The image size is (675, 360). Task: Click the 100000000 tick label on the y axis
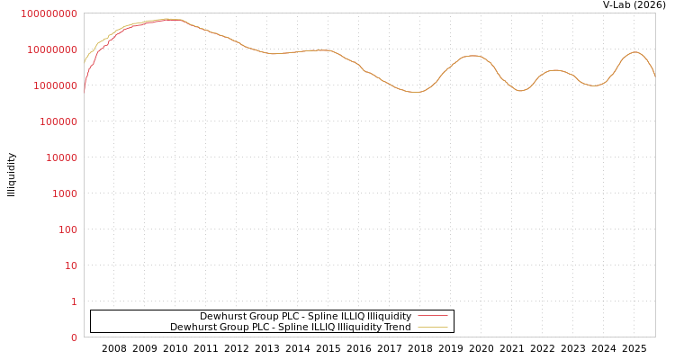[x=49, y=13]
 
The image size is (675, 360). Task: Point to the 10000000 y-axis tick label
[x=52, y=49]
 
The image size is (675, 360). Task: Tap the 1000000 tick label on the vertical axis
[x=55, y=85]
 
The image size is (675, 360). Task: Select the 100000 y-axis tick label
[x=58, y=121]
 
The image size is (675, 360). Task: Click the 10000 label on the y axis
[x=61, y=157]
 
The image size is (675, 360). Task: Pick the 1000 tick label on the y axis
[x=64, y=193]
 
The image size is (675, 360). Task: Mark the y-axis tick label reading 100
[x=67, y=229]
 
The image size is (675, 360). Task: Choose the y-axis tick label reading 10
[x=70, y=265]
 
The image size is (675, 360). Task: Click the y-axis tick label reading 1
[x=74, y=301]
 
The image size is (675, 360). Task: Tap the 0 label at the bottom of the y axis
[x=74, y=337]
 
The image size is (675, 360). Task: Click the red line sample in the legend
[x=433, y=316]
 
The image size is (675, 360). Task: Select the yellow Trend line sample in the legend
[x=433, y=327]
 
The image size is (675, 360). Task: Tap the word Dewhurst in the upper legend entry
[x=221, y=316]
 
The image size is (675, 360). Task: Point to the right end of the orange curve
[x=654, y=76]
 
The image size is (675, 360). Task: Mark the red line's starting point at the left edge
[x=85, y=90]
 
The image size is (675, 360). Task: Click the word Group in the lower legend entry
[x=230, y=327]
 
